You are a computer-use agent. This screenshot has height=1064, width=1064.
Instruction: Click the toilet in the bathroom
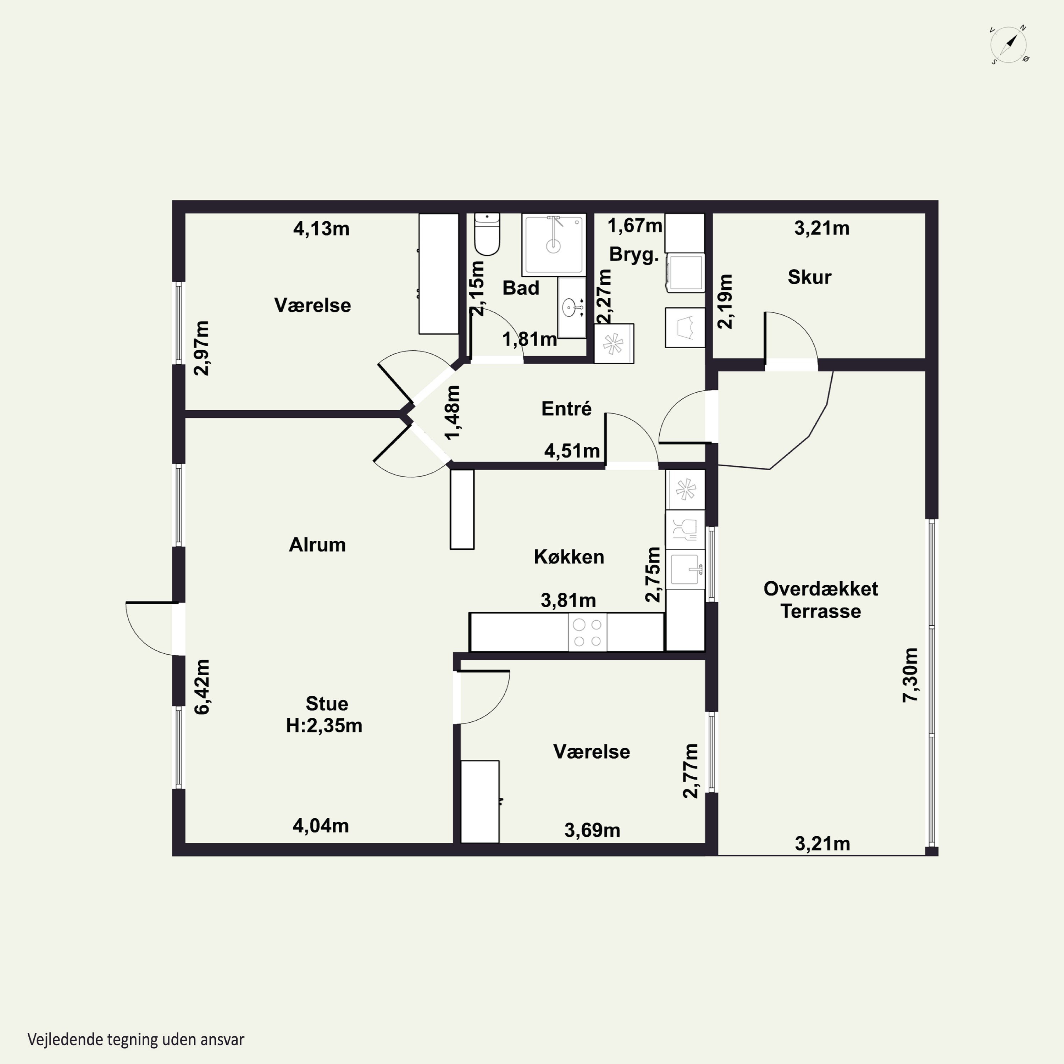pyautogui.click(x=487, y=234)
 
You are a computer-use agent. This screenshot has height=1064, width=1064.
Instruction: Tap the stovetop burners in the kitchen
pyautogui.click(x=588, y=632)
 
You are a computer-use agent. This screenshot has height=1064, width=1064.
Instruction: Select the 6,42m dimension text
pyautogui.click(x=202, y=687)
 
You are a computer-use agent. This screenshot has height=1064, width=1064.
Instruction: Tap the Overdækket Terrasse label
pyautogui.click(x=821, y=600)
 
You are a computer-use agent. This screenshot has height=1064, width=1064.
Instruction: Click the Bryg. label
pyautogui.click(x=634, y=255)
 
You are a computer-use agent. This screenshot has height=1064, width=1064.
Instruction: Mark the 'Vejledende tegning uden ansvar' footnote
pyautogui.click(x=136, y=1039)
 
